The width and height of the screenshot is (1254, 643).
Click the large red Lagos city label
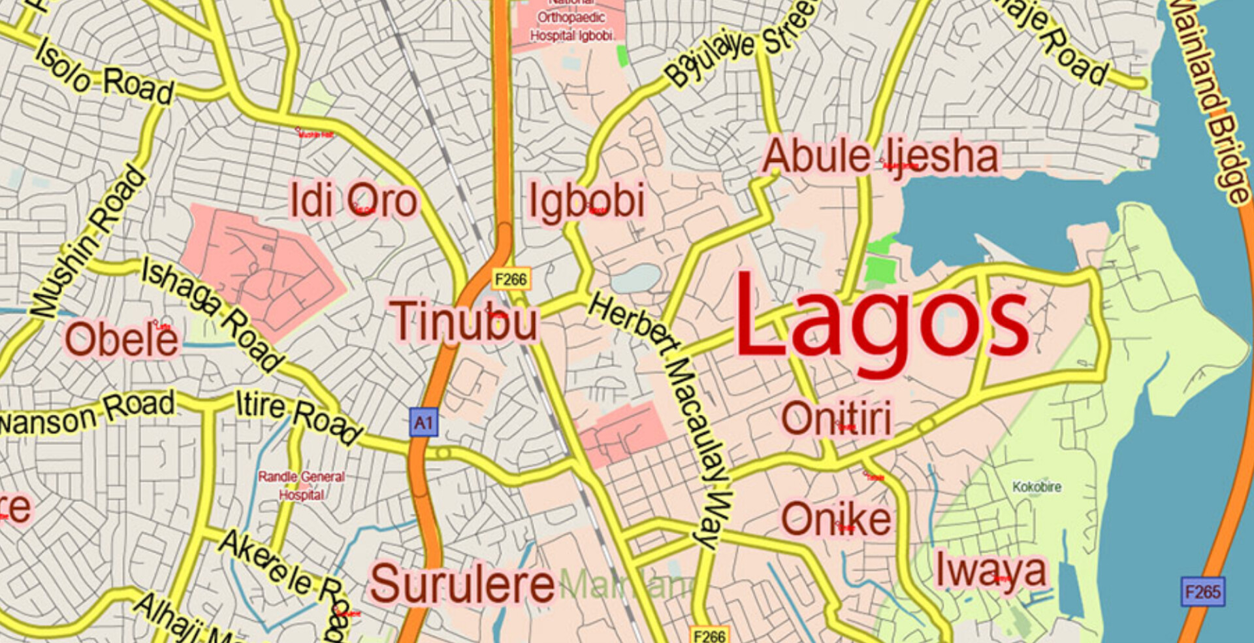[882, 323]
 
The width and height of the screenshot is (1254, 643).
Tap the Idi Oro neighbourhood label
[353, 200]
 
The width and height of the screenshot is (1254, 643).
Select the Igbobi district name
[587, 201]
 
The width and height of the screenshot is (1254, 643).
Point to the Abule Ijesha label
[880, 157]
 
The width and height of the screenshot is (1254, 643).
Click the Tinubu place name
[464, 321]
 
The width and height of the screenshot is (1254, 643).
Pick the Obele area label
[121, 340]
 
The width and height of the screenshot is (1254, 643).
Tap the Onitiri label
[837, 418]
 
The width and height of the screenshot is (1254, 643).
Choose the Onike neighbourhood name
[836, 519]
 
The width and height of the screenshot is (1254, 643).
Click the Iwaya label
[991, 570]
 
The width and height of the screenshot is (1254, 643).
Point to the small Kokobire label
[1037, 487]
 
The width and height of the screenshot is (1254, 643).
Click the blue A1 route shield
[423, 423]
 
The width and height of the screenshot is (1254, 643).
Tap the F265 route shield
[1202, 592]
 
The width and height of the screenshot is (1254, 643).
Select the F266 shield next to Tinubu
[511, 280]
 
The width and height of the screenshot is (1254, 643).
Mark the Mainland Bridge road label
[1212, 98]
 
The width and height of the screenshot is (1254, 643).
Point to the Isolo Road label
[104, 73]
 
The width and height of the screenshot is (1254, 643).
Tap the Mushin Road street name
[89, 242]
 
